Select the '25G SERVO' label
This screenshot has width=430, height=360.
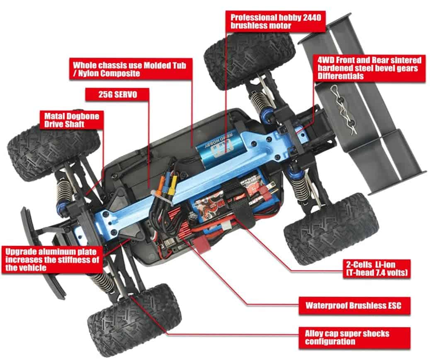pos(117,94)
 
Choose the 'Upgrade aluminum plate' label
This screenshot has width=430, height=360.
pos(52,260)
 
